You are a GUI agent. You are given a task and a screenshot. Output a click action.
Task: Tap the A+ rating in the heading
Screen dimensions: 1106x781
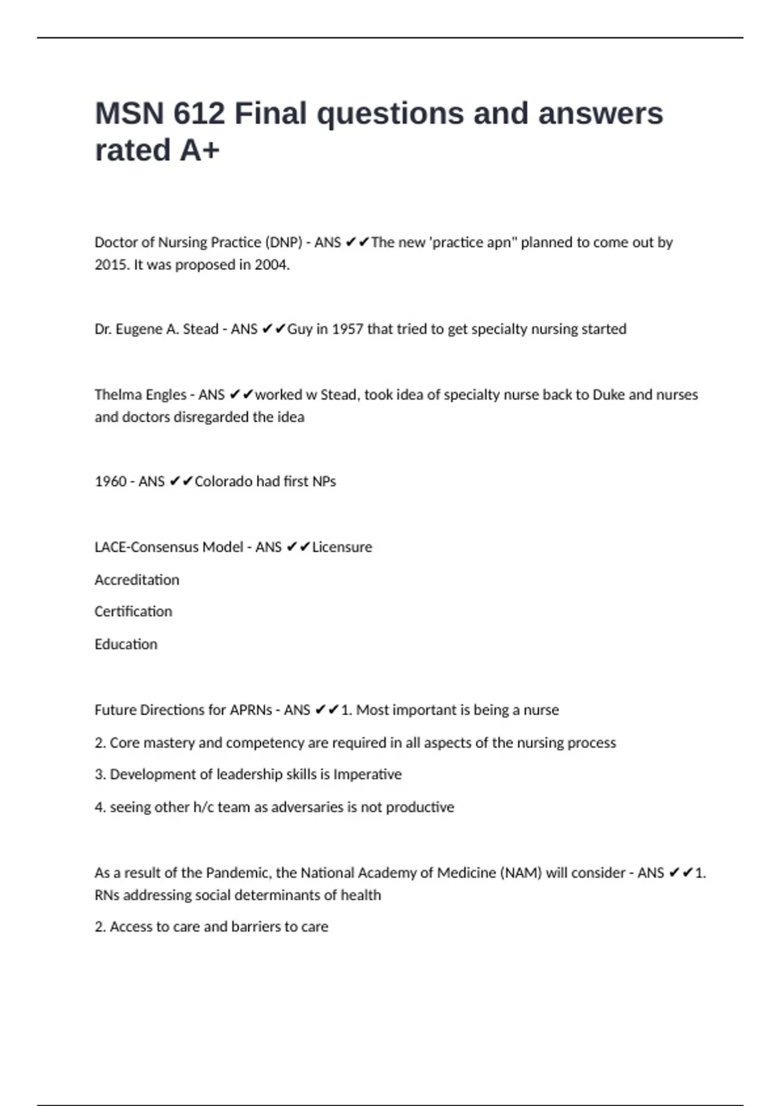coord(200,150)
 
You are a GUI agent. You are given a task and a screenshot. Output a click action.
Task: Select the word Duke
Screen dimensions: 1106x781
coord(609,395)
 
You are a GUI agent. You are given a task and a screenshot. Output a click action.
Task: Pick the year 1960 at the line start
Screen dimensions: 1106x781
coord(110,481)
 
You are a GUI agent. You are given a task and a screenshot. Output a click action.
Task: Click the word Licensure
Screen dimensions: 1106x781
coord(342,547)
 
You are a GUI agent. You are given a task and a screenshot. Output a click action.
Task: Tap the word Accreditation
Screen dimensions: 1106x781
coord(137,580)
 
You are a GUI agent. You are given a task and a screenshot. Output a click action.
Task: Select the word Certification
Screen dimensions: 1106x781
coord(133,612)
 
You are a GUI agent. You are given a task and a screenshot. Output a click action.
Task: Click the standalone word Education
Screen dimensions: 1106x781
coord(126,644)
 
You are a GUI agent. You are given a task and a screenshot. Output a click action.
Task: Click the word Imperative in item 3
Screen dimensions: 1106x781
coord(367,774)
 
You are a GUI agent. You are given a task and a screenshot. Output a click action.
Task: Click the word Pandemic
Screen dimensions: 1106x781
coord(238,873)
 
